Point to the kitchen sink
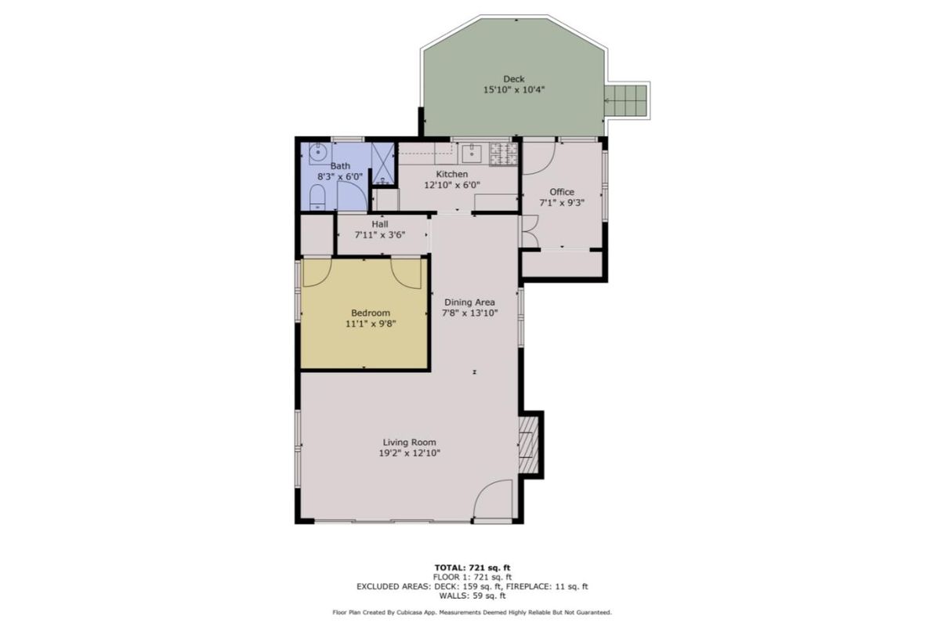point(472,152)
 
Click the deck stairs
point(626,101)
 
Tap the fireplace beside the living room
point(530,444)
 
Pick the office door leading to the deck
point(540,155)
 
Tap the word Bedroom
point(371,313)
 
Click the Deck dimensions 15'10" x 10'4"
point(513,90)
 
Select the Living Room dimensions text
point(410,453)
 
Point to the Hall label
point(380,224)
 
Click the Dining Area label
point(470,302)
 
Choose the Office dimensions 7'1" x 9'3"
point(562,202)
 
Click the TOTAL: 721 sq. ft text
point(472,567)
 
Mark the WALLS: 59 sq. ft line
point(472,595)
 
